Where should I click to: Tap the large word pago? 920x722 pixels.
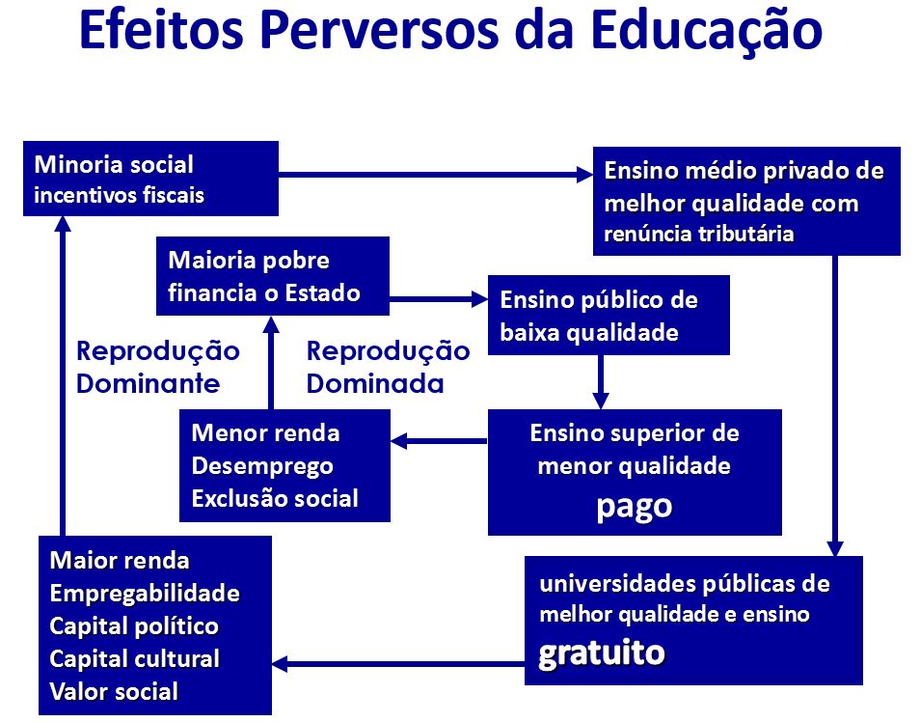[x=635, y=508]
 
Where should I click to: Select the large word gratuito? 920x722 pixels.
[x=602, y=653]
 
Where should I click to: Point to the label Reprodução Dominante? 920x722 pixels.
[x=158, y=367]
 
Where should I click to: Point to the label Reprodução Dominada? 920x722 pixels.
[x=388, y=367]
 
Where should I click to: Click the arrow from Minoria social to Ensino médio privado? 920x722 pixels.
[x=436, y=175]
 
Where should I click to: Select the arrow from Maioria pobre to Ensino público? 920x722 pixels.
[x=439, y=299]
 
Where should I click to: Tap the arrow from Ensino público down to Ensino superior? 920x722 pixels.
[x=600, y=382]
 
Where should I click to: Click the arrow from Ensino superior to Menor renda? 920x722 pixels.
[x=439, y=440]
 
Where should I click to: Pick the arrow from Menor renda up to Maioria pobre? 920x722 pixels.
[x=270, y=363]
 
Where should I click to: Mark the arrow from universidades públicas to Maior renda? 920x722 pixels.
[x=398, y=664]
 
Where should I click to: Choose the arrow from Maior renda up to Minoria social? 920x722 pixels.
[x=63, y=376]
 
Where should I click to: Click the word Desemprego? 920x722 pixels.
[x=262, y=466]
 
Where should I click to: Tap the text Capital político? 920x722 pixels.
[x=134, y=626]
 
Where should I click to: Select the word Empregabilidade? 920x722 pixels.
[x=145, y=594]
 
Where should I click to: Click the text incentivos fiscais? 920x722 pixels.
[x=120, y=195]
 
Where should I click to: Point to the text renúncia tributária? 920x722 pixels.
[x=699, y=234]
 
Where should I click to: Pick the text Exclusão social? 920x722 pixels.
[x=275, y=499]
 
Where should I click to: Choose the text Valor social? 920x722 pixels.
[x=114, y=691]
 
